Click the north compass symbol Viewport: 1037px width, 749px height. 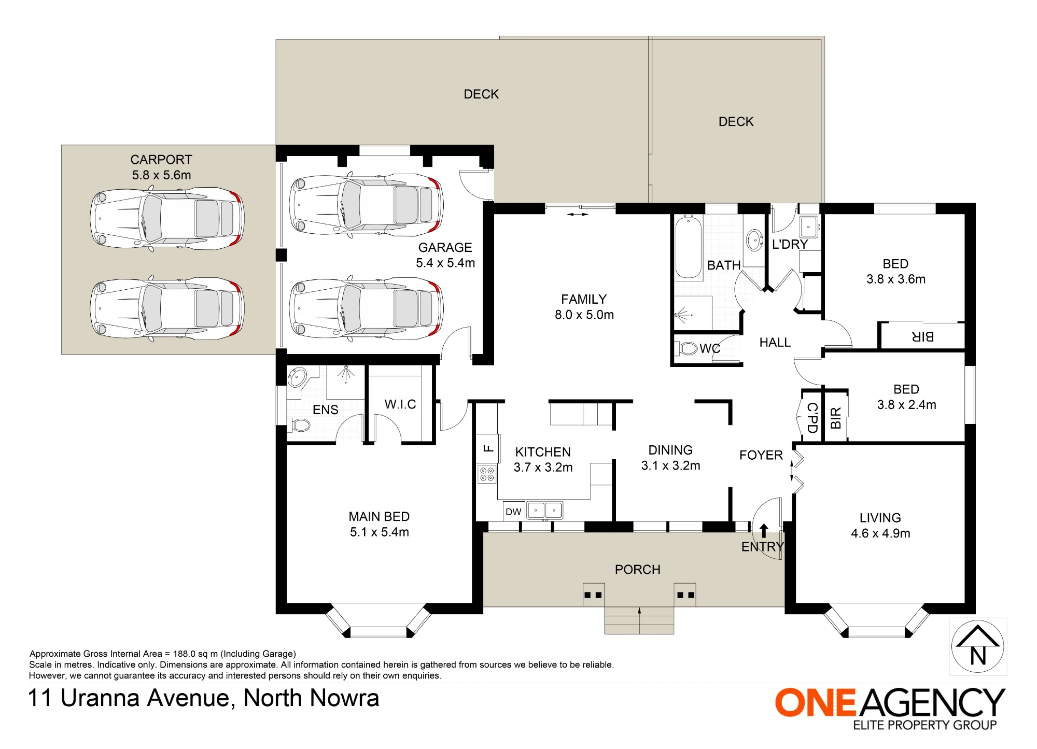pos(978,646)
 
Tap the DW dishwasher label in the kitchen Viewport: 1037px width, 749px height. pos(513,512)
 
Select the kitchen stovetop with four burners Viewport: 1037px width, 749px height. pos(487,474)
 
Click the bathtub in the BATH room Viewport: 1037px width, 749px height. pos(688,247)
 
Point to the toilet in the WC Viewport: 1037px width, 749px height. pos(686,348)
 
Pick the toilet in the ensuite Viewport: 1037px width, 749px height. pos(300,426)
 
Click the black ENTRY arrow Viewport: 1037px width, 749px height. pos(764,530)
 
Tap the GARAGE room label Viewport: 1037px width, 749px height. pos(445,248)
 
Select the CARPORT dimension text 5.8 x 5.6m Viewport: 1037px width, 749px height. pos(161,175)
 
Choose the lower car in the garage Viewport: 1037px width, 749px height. pos(366,308)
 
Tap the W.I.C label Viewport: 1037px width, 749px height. pos(400,404)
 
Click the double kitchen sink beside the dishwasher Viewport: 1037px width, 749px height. pos(544,511)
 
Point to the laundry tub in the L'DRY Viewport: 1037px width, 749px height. pos(808,227)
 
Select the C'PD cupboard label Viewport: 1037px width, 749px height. pos(812,418)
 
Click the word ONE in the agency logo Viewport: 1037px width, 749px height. pos(815,703)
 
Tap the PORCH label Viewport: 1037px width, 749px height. pos(638,570)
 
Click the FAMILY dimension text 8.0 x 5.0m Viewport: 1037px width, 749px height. pos(584,315)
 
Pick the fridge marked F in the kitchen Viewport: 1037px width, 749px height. pos(488,448)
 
